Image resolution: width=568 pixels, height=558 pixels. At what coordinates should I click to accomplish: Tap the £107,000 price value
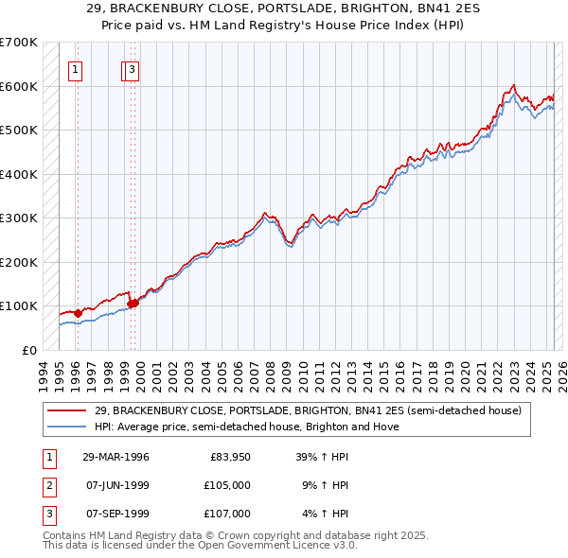(227, 514)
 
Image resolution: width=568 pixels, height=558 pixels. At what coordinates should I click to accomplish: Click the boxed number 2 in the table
(48, 485)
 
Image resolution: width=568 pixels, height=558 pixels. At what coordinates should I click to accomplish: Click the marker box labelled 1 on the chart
(75, 68)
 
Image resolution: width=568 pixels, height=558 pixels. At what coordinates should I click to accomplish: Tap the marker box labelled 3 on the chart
(133, 68)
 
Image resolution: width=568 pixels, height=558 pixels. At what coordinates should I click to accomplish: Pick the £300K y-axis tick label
(20, 218)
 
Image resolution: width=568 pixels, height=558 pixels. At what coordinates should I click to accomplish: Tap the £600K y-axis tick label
(20, 87)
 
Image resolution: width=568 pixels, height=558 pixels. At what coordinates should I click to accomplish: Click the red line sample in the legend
(68, 411)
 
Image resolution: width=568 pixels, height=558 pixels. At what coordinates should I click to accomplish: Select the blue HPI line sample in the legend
(68, 427)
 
